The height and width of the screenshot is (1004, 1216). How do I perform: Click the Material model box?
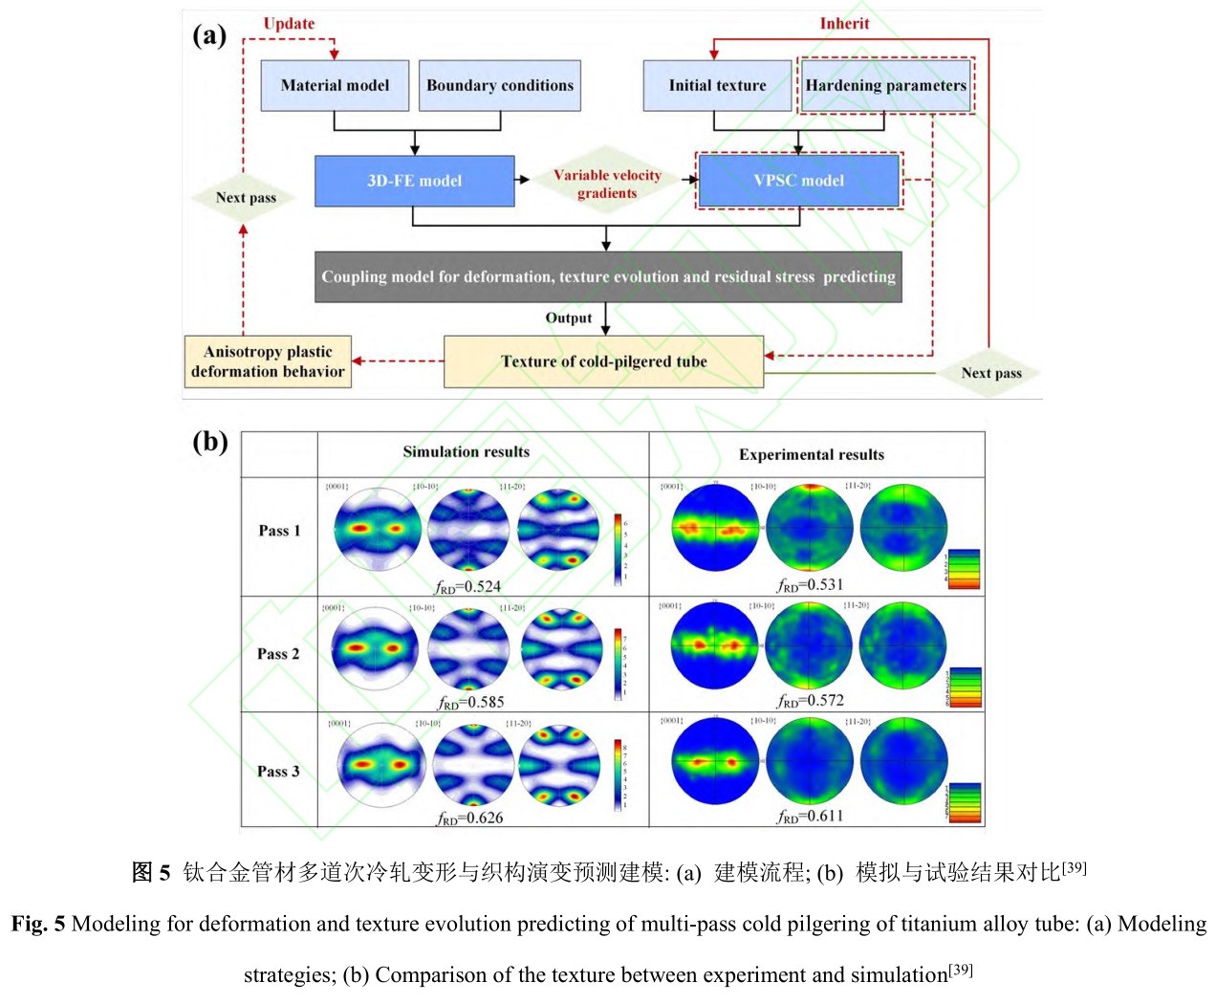click(x=335, y=85)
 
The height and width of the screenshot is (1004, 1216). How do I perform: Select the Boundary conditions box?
click(x=500, y=85)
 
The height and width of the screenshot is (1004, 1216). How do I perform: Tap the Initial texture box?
click(x=717, y=85)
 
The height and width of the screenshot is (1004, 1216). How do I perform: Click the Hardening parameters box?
click(x=885, y=85)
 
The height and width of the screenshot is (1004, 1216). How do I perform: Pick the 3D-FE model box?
click(x=414, y=181)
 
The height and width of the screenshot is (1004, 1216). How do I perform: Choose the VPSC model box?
click(x=798, y=181)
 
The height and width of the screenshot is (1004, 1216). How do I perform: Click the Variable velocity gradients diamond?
click(x=607, y=184)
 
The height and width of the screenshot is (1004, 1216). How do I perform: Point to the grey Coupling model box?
click(x=608, y=276)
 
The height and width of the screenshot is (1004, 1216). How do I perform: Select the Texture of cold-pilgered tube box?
click(x=603, y=361)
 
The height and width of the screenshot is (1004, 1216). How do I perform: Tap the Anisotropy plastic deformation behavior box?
click(x=268, y=361)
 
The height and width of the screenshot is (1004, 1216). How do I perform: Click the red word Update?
click(x=289, y=24)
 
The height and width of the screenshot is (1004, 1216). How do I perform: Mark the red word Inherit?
click(x=844, y=24)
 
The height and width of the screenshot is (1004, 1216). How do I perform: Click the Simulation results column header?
click(x=466, y=452)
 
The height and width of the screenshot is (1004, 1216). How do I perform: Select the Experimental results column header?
click(x=811, y=455)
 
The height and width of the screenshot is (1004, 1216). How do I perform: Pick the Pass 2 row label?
click(x=278, y=654)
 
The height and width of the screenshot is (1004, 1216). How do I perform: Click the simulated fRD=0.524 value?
click(x=468, y=586)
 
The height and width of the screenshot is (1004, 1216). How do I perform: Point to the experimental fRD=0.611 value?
click(x=811, y=816)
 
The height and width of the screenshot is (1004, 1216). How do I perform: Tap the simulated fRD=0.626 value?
click(x=470, y=818)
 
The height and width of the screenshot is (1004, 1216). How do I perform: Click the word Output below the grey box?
click(x=569, y=318)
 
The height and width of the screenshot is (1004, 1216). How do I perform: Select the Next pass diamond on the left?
click(x=245, y=198)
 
